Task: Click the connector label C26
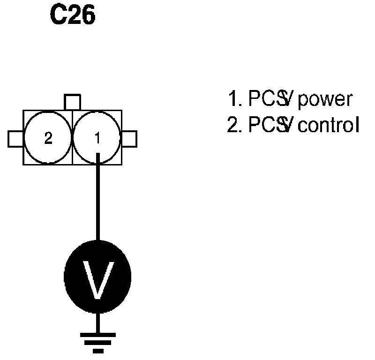pyautogui.click(x=73, y=15)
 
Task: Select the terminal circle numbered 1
pyautogui.click(x=97, y=138)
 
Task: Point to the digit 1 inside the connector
pyautogui.click(x=97, y=138)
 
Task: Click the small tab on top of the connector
pyautogui.click(x=73, y=102)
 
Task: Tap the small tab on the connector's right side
pyautogui.click(x=129, y=139)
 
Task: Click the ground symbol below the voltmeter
pyautogui.click(x=97, y=341)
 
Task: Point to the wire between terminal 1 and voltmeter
pyautogui.click(x=97, y=197)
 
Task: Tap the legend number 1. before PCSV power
pyautogui.click(x=233, y=99)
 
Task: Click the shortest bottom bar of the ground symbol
pyautogui.click(x=97, y=351)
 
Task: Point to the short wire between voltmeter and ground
pyautogui.click(x=97, y=322)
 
